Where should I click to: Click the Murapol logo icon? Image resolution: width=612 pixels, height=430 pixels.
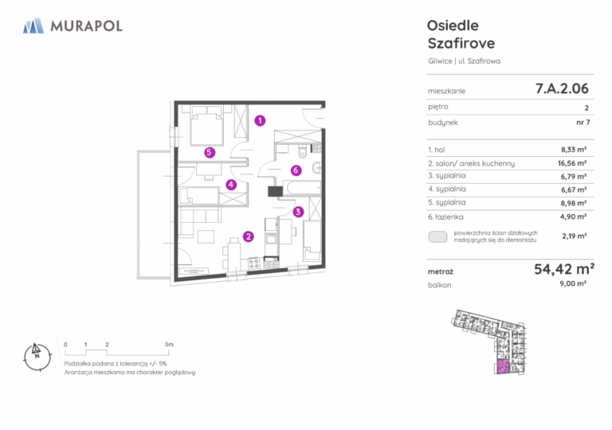[x=33, y=25]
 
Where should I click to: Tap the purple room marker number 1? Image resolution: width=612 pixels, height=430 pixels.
[x=260, y=120]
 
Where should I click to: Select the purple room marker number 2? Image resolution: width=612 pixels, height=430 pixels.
[x=249, y=236]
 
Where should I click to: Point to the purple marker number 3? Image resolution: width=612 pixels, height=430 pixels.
[x=298, y=212]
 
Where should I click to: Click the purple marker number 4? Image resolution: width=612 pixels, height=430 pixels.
[x=231, y=185]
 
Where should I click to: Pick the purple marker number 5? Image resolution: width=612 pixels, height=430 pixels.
[x=210, y=152]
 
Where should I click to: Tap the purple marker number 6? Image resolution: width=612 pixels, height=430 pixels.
[x=296, y=170]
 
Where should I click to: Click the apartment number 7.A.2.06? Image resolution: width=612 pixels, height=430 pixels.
[x=562, y=88]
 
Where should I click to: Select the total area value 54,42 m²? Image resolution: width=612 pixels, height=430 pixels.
[x=564, y=269]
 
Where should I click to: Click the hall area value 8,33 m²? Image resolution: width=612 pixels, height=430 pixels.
[x=574, y=150]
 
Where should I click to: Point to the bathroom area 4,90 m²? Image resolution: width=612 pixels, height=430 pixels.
[x=574, y=217]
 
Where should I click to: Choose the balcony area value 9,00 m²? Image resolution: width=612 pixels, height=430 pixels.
[x=573, y=283]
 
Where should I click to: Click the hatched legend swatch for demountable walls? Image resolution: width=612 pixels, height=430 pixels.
[x=438, y=236]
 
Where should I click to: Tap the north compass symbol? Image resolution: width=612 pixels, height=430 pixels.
[x=37, y=356]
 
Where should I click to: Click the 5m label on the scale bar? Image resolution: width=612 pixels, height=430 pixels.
[x=169, y=345]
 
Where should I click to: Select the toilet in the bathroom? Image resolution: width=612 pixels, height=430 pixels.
[x=303, y=152]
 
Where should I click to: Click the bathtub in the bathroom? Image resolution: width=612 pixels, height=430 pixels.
[x=304, y=188]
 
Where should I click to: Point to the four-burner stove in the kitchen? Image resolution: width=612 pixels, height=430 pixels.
[x=254, y=264]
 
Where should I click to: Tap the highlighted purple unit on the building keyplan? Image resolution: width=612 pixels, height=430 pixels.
[x=504, y=367]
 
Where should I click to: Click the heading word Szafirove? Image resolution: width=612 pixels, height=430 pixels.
[x=461, y=43]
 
